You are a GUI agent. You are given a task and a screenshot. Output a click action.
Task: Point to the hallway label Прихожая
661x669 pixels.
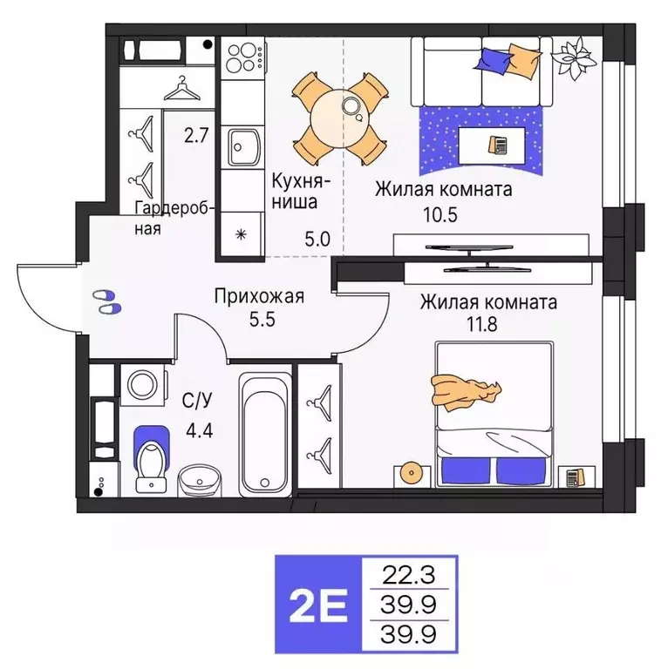(x=259, y=297)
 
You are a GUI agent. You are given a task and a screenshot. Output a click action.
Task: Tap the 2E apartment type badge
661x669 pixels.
(x=314, y=604)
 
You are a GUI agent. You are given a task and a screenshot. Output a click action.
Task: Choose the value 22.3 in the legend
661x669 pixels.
(x=408, y=573)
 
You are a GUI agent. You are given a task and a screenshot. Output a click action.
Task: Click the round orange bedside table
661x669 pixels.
(x=412, y=471)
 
